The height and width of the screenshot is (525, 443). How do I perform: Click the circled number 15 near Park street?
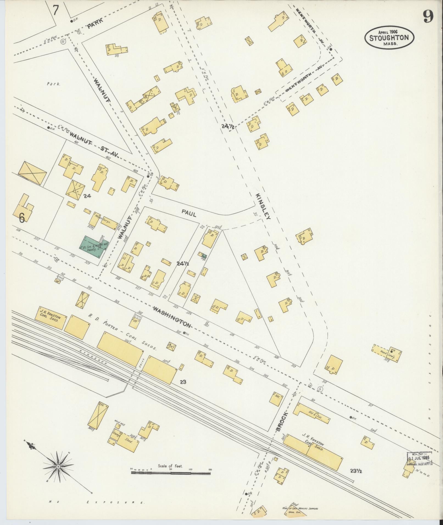pyautogui.click(x=63, y=41)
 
